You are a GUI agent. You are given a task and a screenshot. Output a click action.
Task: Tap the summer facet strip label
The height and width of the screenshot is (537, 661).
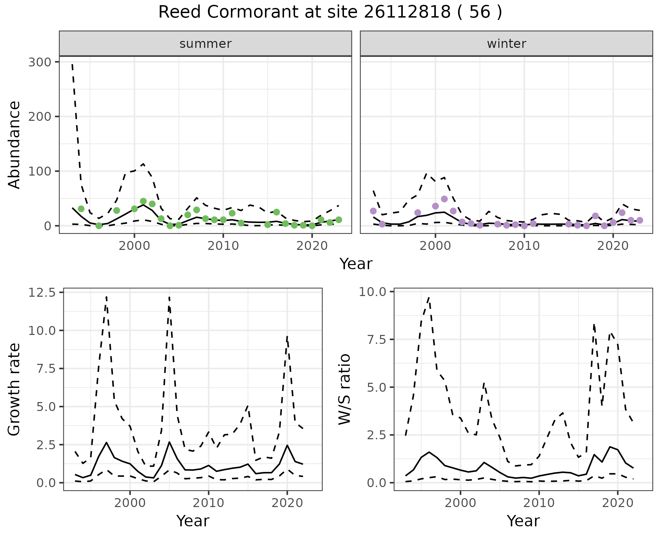[206, 44]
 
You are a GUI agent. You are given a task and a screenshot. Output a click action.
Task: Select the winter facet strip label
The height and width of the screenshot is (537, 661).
[506, 44]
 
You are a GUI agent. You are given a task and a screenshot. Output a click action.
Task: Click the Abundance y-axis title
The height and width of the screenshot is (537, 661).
[14, 145]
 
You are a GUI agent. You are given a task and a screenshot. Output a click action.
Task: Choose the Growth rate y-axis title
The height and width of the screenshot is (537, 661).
[14, 389]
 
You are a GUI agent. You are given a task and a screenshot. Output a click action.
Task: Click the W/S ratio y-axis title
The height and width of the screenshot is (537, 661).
[344, 389]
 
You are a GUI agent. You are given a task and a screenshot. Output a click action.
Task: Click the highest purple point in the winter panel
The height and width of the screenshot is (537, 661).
[444, 199]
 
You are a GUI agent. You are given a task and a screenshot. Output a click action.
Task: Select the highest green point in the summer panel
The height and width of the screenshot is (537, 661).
[143, 201]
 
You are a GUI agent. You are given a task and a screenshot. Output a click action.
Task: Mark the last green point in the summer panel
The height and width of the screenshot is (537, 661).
[338, 220]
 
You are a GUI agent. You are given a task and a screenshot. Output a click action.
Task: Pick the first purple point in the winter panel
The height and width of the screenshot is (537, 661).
[373, 211]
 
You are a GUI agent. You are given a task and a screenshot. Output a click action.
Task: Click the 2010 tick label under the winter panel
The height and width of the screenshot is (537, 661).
[524, 246]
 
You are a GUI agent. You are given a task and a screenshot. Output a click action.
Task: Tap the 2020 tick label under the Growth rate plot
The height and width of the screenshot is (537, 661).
[287, 503]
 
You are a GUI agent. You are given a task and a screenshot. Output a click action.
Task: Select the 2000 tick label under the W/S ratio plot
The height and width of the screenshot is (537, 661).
[460, 503]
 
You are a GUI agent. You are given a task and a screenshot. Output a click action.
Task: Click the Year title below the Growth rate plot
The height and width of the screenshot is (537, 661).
[193, 521]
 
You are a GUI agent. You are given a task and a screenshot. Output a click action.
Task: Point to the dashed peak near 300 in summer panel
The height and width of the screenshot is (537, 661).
[72, 64]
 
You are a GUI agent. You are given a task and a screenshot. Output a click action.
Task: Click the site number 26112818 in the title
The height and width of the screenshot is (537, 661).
[407, 13]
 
